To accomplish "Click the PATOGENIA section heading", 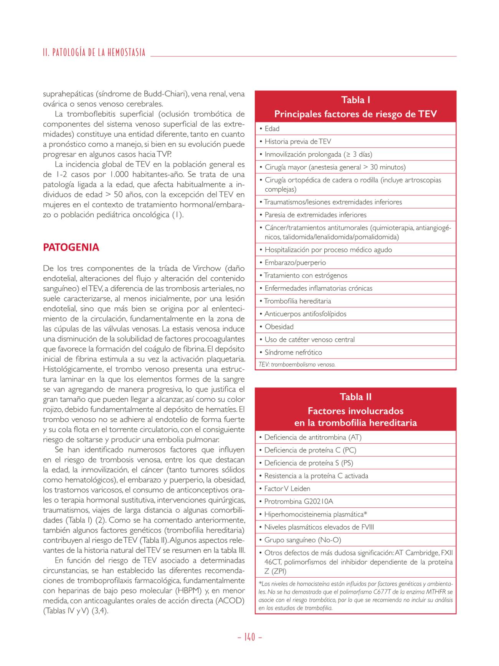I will [71, 247].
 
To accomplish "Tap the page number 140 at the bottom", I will [249, 637].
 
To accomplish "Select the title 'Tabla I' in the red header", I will [355, 100].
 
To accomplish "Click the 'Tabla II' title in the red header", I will [355, 397].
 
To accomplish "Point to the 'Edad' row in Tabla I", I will [272, 129].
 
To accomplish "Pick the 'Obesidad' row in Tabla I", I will [279, 327].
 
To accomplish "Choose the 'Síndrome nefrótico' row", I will [293, 353].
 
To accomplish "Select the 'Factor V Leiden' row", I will [287, 489].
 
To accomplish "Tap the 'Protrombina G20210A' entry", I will [299, 502].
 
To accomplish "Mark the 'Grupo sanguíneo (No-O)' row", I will [302, 540].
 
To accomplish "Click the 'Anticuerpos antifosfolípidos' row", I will [305, 314].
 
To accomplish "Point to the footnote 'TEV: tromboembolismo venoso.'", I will [297, 364].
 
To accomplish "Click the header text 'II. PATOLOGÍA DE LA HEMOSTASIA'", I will [94, 53].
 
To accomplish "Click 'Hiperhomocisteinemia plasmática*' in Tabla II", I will [316, 514].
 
